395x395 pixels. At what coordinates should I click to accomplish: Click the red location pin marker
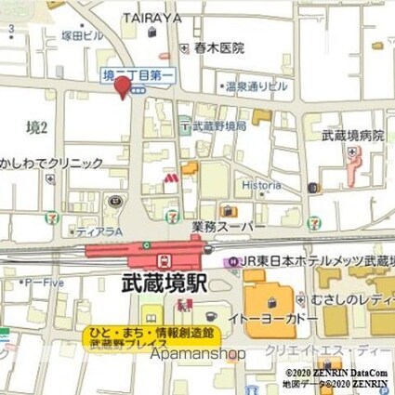click(121, 86)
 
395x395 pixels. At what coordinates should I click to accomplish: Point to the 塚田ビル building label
click(83, 35)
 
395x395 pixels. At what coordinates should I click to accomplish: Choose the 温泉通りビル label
click(246, 87)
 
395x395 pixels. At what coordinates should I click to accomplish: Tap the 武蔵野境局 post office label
click(219, 125)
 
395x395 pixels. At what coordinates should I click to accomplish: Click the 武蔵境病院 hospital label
click(352, 136)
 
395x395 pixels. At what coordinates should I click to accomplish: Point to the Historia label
click(261, 184)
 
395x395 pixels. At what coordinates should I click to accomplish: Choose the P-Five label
click(43, 281)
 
